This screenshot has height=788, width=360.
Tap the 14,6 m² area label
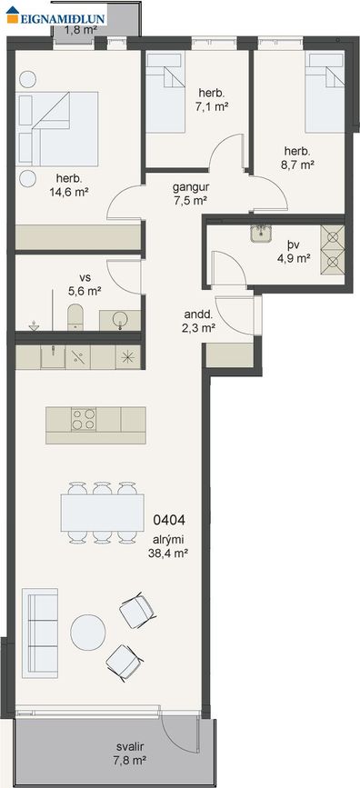click(x=69, y=191)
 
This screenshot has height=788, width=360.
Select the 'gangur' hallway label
click(x=191, y=187)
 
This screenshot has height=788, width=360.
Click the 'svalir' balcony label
click(x=126, y=747)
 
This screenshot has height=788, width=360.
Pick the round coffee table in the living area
click(x=88, y=633)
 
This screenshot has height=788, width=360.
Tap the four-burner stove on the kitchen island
click(x=84, y=419)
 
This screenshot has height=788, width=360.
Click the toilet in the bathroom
click(x=75, y=316)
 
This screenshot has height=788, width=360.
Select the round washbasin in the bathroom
click(x=120, y=320)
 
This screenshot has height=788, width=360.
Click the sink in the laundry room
click(x=261, y=234)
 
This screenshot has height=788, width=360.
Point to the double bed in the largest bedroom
click(x=57, y=129)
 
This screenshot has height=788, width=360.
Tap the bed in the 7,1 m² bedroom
click(x=164, y=93)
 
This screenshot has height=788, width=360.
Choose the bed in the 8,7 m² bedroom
click(x=325, y=93)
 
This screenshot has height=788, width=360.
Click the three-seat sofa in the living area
click(x=40, y=633)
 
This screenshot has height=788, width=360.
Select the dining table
click(x=102, y=513)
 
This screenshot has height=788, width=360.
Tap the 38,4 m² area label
click(x=168, y=554)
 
